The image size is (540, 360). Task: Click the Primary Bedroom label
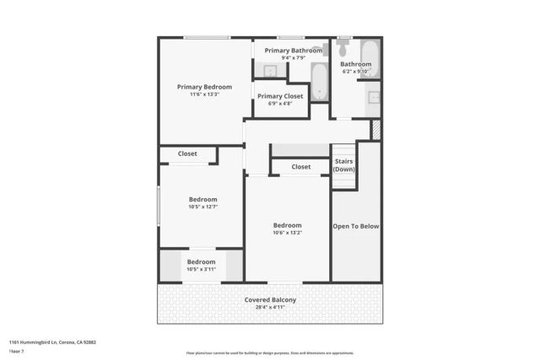point(204,87)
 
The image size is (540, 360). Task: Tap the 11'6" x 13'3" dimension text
point(204,94)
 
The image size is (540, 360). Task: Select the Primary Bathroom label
point(293,51)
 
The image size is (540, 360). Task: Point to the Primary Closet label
point(280,96)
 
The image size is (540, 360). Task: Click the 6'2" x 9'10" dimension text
point(356,72)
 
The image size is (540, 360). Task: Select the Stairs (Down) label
point(343,165)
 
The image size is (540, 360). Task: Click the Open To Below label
point(356,226)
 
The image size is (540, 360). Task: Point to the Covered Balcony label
point(270,300)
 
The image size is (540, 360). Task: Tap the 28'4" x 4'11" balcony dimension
point(270,308)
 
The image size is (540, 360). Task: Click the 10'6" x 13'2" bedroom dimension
point(287,233)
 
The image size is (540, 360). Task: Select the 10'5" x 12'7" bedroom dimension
point(202,207)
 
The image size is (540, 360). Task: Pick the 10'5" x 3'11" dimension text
point(201,269)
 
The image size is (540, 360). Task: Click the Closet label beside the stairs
point(301,167)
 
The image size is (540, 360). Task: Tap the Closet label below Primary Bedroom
point(187,154)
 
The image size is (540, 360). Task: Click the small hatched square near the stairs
point(376,130)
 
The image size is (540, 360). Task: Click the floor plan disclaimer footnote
point(270,353)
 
